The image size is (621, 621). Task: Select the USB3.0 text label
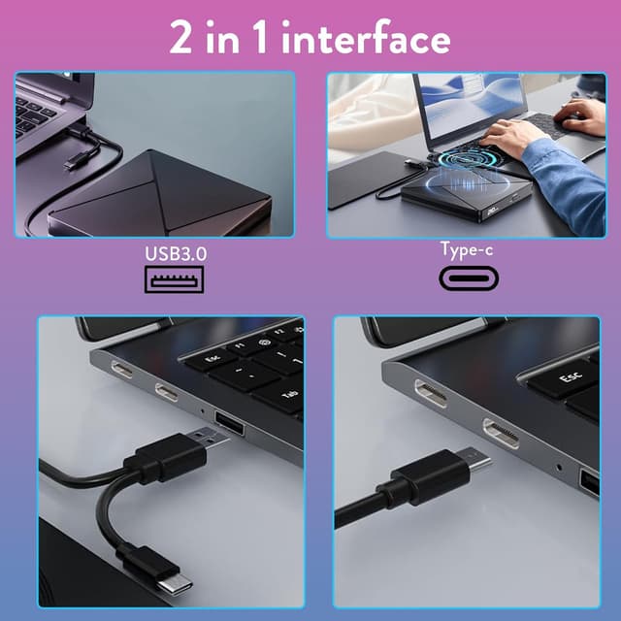coord(175,254)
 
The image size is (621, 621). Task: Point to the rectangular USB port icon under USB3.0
coord(176,279)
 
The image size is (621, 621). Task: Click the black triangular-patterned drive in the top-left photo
coord(160,194)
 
